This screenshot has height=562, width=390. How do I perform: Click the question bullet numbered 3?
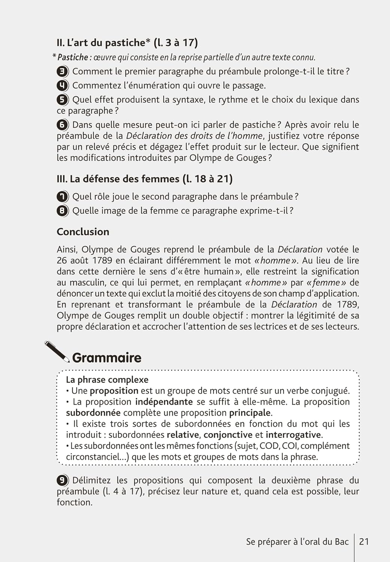(63, 72)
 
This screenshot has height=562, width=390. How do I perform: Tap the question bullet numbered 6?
(63, 125)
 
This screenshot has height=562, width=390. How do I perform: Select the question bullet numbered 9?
(63, 480)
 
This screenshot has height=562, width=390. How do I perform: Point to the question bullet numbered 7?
(63, 196)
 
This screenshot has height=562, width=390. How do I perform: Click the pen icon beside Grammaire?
(57, 351)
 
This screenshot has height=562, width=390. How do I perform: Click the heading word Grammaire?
(107, 358)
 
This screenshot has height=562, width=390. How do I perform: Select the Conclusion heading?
(83, 232)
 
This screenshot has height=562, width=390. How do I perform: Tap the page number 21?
(364, 541)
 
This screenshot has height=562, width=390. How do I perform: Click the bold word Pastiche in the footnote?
(73, 57)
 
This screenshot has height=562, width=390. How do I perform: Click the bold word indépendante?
(164, 402)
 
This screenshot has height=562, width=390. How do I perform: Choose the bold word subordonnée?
(93, 413)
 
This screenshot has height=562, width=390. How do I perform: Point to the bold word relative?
(183, 435)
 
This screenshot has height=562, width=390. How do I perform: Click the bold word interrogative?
(293, 435)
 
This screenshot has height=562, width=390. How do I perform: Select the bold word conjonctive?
(228, 435)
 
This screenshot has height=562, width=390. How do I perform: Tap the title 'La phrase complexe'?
(107, 380)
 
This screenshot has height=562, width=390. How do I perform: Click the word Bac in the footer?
(341, 541)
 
